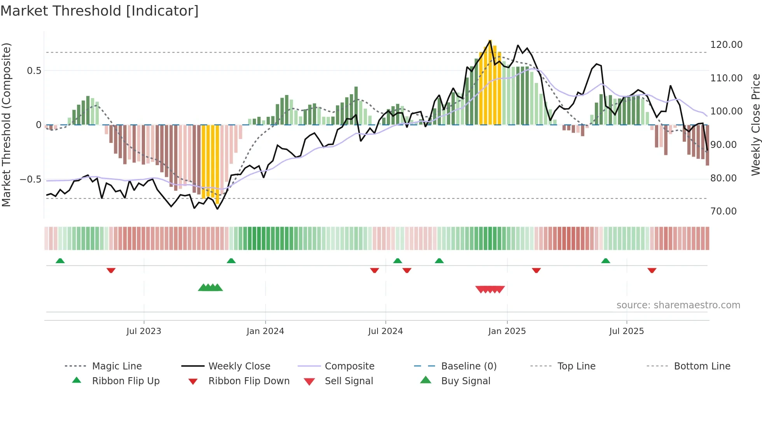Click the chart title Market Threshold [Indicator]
coord(100,11)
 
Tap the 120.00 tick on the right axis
coord(726,45)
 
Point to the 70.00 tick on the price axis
coord(723,211)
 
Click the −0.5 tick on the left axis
coord(31,179)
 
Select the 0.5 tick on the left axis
coord(34,71)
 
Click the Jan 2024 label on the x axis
coord(265,331)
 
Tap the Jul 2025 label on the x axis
coord(626,331)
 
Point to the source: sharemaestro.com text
coord(678,305)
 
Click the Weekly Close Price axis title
coord(755,125)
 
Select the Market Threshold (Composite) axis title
coord(6,125)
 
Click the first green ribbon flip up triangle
coord(60,261)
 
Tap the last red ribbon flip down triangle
coord(652,270)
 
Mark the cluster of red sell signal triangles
coord(490,289)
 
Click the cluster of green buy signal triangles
coord(210,288)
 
